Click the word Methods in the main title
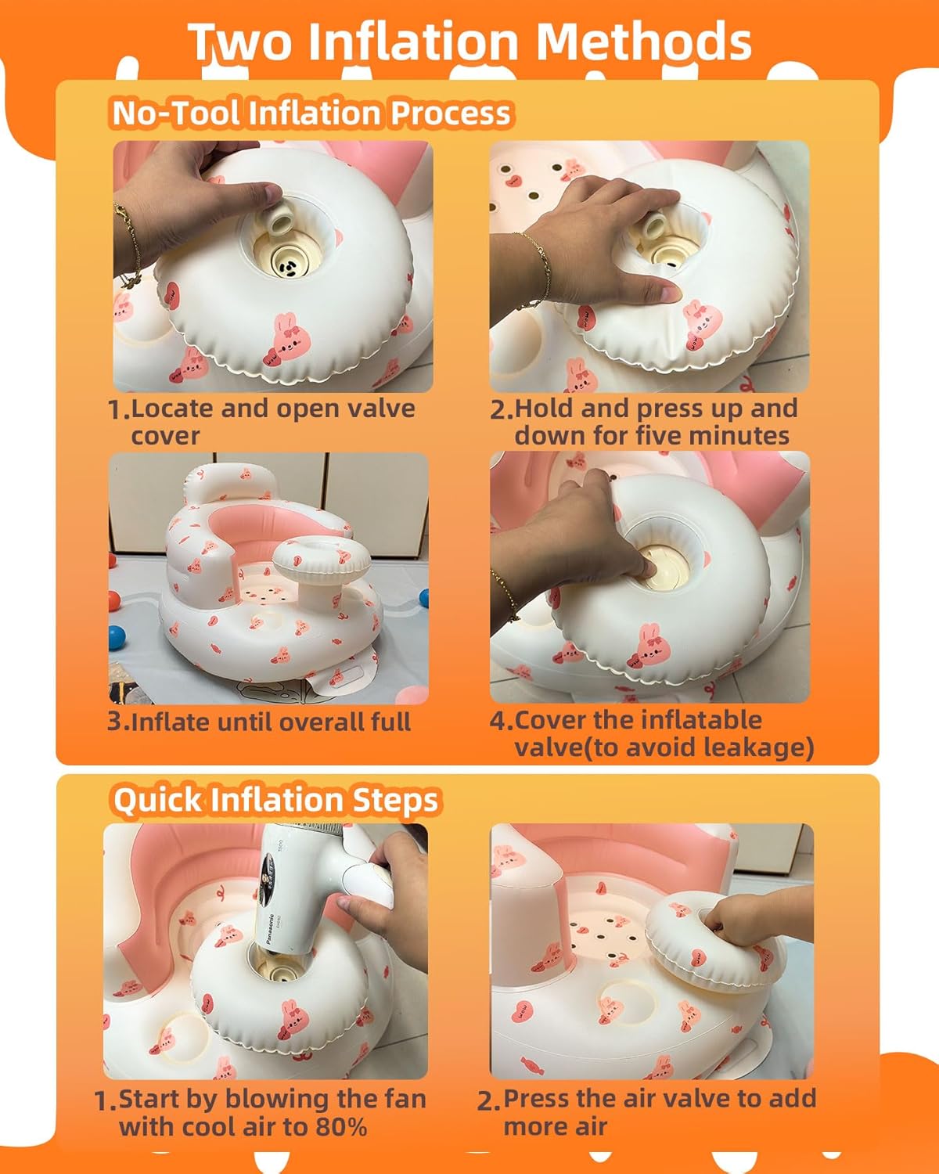click(x=644, y=41)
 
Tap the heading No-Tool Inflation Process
click(x=311, y=113)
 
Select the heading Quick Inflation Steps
click(x=275, y=801)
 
